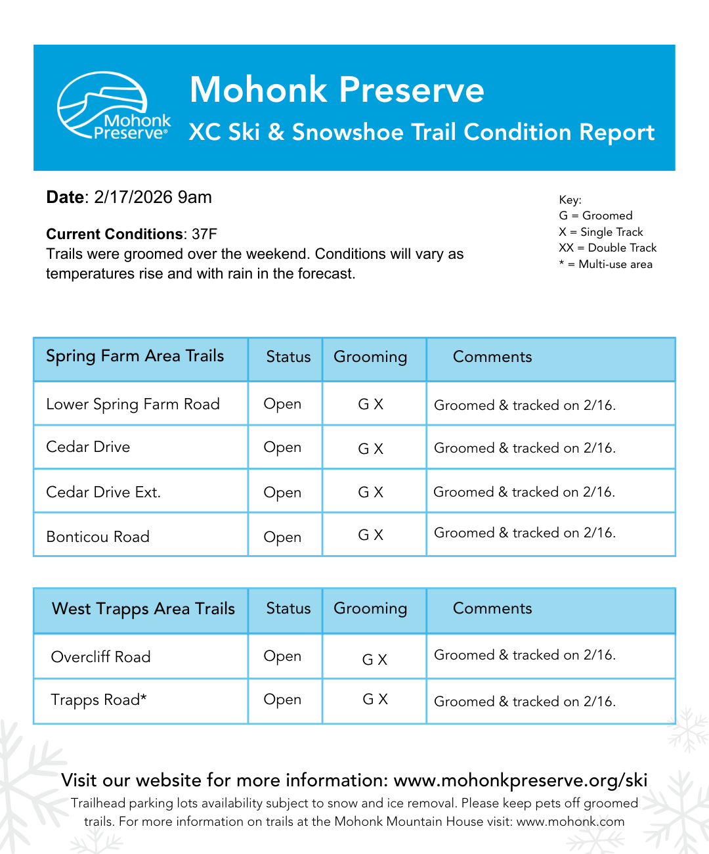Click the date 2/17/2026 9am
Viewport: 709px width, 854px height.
152,197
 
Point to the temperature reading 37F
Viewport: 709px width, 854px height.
204,235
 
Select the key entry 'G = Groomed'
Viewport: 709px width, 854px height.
595,215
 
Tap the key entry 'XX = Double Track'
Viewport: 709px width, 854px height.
607,248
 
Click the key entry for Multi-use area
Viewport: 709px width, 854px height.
605,264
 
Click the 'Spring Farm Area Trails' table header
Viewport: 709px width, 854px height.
135,356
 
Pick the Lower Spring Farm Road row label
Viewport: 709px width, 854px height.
133,404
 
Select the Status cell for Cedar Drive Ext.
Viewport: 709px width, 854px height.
282,492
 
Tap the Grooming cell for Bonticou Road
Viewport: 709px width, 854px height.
370,535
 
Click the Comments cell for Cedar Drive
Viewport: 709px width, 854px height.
525,448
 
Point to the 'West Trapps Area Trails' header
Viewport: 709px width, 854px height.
143,609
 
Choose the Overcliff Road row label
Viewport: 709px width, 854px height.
100,657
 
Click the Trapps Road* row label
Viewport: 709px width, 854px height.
98,700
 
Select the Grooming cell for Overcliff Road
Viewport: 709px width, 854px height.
375,660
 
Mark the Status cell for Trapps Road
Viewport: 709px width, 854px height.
282,700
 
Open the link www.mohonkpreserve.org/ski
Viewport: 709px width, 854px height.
520,780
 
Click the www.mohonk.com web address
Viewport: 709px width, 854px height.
570,821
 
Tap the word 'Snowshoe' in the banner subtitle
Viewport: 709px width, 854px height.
348,133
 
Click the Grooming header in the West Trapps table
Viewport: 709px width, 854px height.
370,609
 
